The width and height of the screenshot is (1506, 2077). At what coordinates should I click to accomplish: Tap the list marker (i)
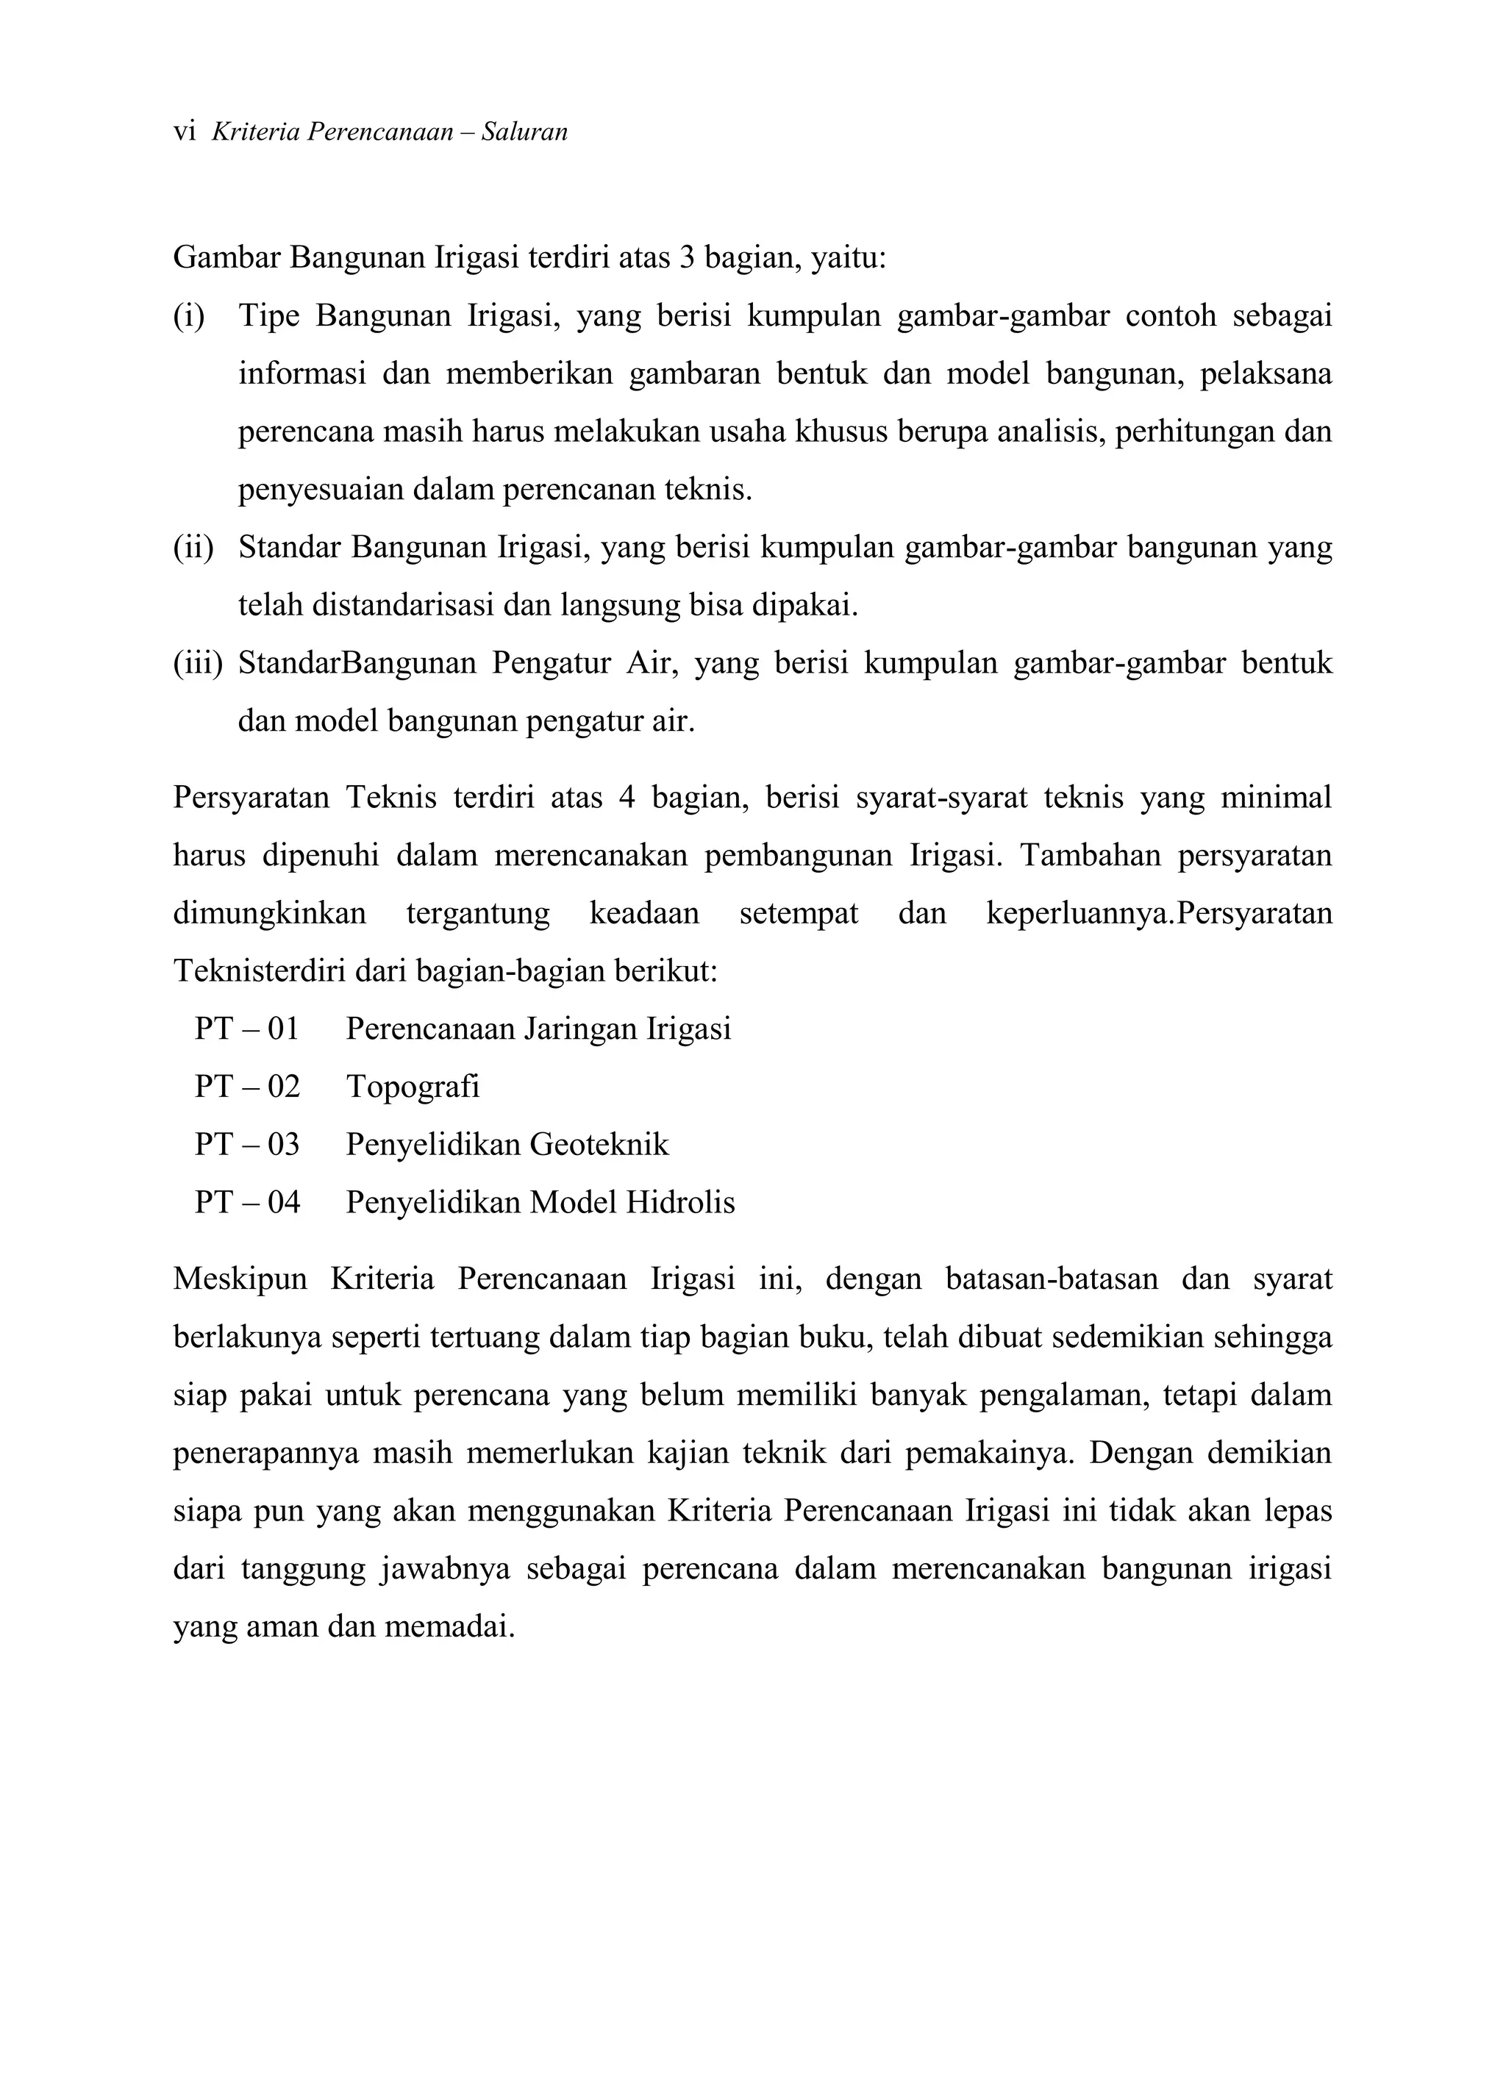(189, 316)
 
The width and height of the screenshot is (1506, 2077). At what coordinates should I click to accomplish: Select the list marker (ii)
(193, 548)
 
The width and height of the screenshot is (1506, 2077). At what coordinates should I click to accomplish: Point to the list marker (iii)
(197, 663)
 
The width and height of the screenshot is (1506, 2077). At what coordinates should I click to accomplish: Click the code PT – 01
(246, 1029)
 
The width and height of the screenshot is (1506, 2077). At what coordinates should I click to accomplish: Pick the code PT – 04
(246, 1201)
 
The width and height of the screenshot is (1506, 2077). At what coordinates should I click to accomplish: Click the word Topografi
(413, 1087)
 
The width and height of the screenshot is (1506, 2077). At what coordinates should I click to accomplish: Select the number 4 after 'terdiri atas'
(627, 798)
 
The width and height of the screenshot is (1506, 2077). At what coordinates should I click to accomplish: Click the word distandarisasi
(403, 605)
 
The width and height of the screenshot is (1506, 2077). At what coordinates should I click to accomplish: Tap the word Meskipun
(240, 1279)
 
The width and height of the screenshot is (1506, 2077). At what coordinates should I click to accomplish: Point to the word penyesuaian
(321, 490)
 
